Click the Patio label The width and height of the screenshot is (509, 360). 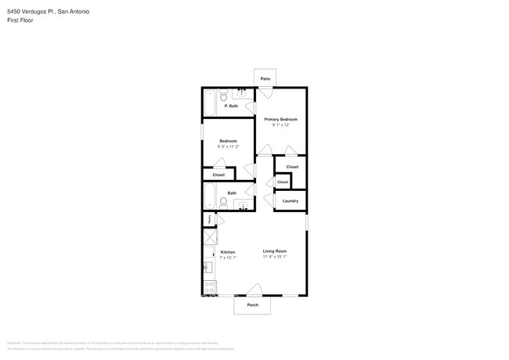265,79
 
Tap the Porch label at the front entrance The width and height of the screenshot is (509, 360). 252,304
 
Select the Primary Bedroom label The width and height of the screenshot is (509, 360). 280,119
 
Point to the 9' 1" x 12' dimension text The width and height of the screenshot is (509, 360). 280,125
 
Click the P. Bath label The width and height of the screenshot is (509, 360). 231,106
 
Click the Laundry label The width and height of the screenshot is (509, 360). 290,201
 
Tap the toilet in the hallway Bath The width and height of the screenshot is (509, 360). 224,203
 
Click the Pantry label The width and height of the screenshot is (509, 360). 209,219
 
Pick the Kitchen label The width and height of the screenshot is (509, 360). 227,252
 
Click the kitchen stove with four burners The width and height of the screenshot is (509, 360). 209,289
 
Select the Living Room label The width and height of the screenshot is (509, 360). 274,252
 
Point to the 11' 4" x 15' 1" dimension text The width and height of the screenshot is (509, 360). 274,257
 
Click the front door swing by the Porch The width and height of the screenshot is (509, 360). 253,289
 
